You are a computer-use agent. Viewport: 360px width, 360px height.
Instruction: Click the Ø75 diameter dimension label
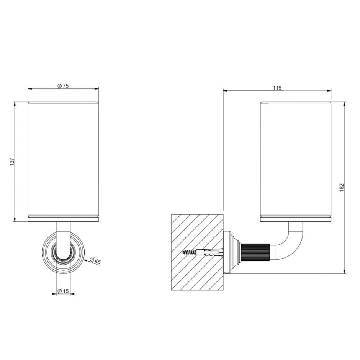click(x=63, y=86)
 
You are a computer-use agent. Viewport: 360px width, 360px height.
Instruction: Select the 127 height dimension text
click(x=12, y=162)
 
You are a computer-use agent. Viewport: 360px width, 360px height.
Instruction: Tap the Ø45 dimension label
click(x=95, y=261)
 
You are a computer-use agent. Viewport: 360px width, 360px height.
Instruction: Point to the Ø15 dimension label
click(x=63, y=291)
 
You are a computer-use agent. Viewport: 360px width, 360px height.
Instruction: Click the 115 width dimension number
click(x=277, y=88)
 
